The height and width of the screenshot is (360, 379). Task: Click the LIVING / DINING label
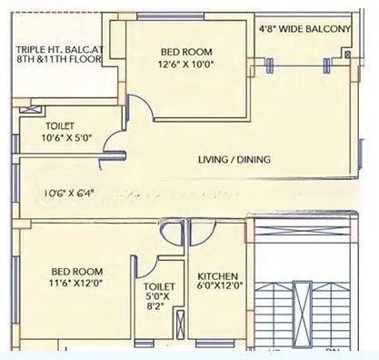234,161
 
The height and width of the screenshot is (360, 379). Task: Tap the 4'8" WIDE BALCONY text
304,30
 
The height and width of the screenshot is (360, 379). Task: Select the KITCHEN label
217,276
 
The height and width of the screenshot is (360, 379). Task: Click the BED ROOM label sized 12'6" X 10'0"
185,51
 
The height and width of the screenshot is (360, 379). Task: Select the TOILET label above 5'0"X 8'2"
146,271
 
